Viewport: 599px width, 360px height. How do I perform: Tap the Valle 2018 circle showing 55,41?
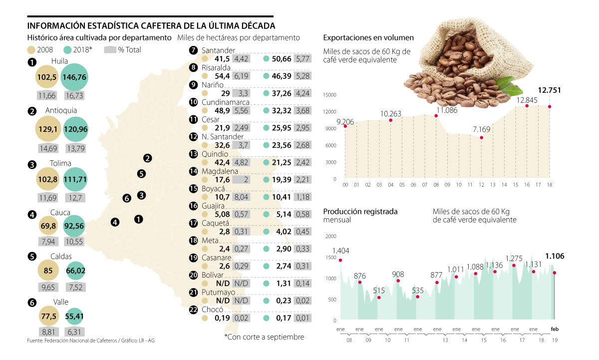tap(74, 316)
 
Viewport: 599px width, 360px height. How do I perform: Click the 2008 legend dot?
tap(31, 50)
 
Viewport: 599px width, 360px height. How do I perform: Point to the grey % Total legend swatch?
tap(110, 50)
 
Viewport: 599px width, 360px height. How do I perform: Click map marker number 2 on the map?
tap(147, 158)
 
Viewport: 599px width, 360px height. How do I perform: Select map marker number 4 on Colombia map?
tap(115, 222)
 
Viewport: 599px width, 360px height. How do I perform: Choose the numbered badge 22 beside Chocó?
tap(194, 310)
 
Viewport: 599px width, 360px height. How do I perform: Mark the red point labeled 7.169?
tap(481, 138)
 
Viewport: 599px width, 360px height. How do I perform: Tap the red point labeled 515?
tap(379, 298)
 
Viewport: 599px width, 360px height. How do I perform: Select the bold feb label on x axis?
tap(555, 329)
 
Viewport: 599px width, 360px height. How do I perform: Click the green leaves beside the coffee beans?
tap(509, 85)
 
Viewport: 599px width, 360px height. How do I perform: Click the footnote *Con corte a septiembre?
tap(264, 337)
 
